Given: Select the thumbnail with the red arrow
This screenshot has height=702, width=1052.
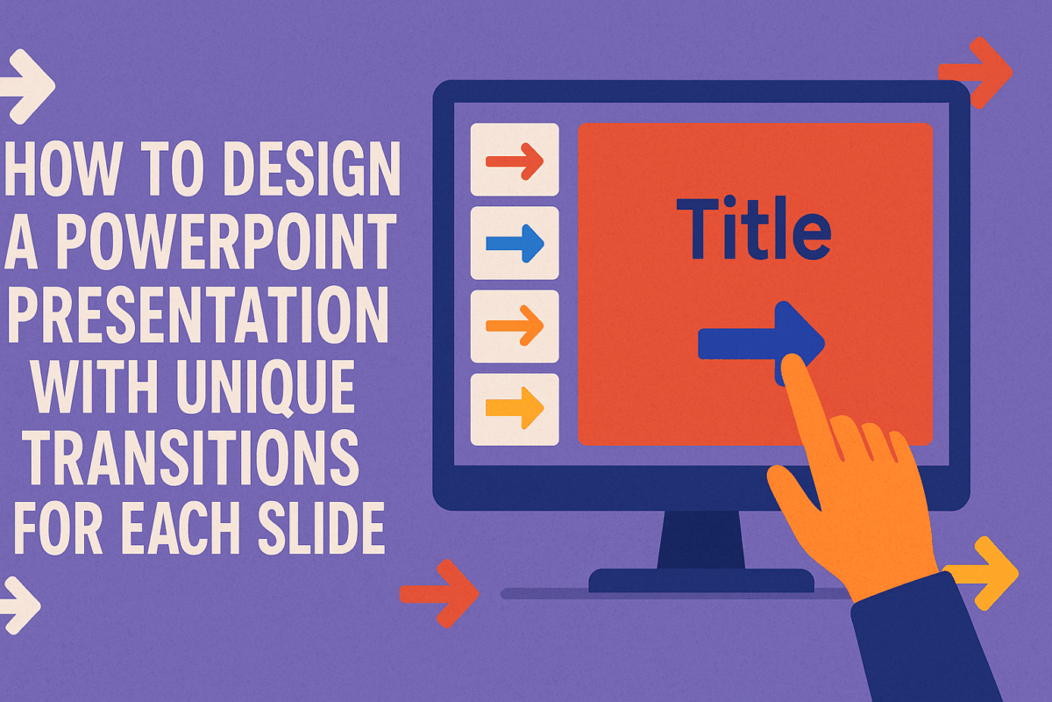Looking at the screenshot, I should (x=515, y=160).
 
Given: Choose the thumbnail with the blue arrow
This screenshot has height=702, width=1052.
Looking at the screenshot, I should (x=515, y=242).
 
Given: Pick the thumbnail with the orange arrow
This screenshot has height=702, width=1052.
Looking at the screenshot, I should (x=515, y=326).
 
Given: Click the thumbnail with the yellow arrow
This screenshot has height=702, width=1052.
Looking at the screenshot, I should (x=515, y=409).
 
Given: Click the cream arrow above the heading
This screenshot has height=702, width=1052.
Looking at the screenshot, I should (x=26, y=85).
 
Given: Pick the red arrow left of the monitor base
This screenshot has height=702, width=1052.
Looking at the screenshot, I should (x=440, y=594).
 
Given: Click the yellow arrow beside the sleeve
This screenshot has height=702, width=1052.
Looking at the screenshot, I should (x=989, y=573).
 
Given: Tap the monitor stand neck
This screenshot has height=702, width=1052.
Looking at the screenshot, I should (x=701, y=540).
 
